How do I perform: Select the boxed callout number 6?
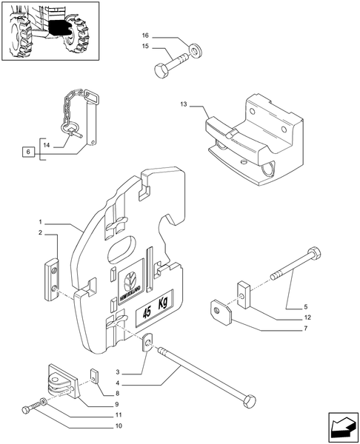[x=27, y=152]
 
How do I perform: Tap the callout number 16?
[x=145, y=36]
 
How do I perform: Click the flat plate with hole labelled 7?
[x=221, y=311]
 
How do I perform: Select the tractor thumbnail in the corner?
[x=48, y=31]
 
